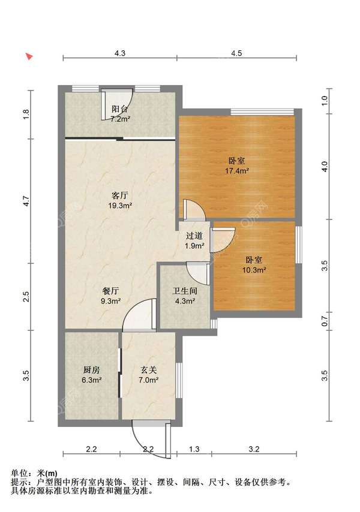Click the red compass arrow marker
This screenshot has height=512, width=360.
[x=29, y=56]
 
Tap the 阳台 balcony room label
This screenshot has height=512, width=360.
[x=120, y=109]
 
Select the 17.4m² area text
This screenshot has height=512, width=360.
[x=237, y=170]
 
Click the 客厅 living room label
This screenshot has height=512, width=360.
[x=120, y=195]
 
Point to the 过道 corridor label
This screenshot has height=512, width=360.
[x=194, y=236]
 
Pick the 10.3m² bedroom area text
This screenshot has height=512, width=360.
[x=254, y=270]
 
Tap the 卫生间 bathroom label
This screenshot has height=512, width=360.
[x=185, y=291]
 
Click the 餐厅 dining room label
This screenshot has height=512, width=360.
[x=111, y=291]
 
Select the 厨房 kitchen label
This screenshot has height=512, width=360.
[x=91, y=370]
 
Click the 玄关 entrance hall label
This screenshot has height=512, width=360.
[x=149, y=370]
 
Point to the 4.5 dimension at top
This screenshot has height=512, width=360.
[x=236, y=53]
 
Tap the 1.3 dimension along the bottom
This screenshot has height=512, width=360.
[x=194, y=449]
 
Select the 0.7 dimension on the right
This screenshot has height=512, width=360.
[x=325, y=321]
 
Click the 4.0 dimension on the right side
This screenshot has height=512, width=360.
[x=325, y=167]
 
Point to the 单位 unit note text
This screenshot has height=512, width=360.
[x=34, y=473]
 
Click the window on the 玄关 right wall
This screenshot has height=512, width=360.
[x=179, y=380]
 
